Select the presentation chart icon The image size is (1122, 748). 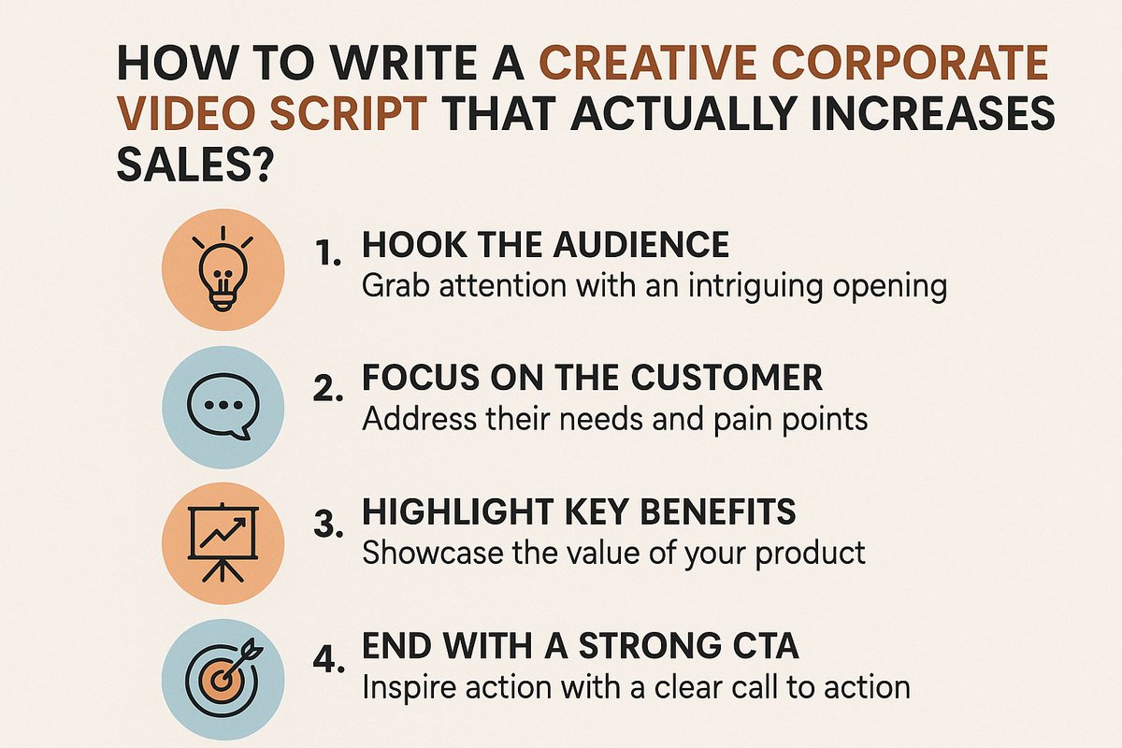tap(223, 539)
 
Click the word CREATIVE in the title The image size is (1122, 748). tap(655, 65)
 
